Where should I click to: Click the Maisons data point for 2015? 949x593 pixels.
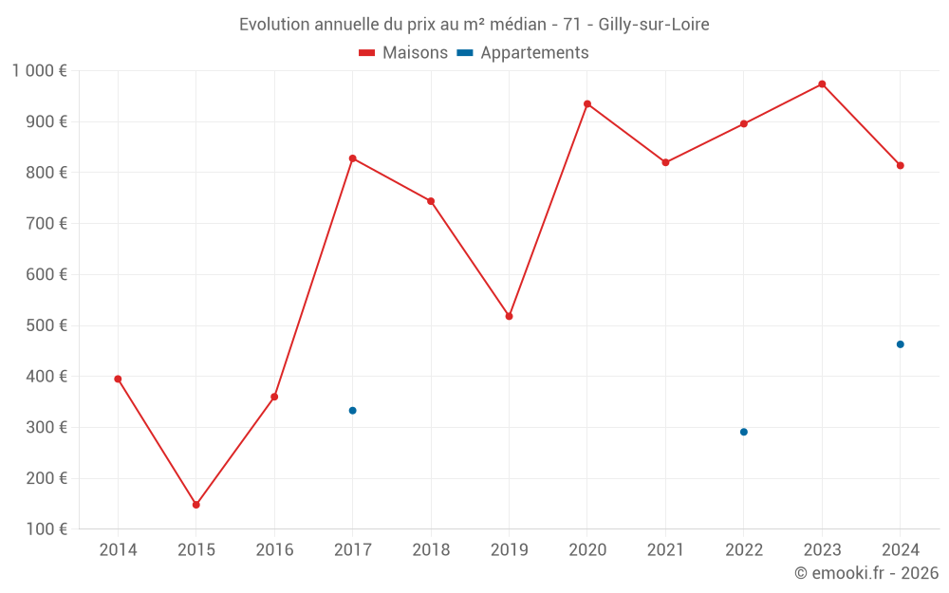(196, 505)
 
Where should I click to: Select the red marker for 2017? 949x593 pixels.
(353, 158)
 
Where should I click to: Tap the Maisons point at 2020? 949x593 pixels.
(587, 104)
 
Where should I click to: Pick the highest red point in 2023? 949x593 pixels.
(822, 84)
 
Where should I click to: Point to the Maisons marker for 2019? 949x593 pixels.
(510, 316)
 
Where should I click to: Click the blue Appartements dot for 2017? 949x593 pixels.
(353, 411)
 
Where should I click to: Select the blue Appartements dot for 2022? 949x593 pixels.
(744, 432)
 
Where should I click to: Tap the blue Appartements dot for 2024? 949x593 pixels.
(901, 344)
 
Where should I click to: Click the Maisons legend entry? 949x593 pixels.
(403, 53)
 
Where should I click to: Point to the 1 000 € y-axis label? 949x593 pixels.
(40, 70)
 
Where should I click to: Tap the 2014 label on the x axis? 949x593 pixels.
(118, 550)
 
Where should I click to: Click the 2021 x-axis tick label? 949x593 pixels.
(665, 550)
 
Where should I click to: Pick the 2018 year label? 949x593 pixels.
(431, 550)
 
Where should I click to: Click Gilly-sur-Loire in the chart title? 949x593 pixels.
(654, 25)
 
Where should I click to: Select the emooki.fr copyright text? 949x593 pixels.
(866, 573)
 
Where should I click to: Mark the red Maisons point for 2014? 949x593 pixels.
(118, 379)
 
